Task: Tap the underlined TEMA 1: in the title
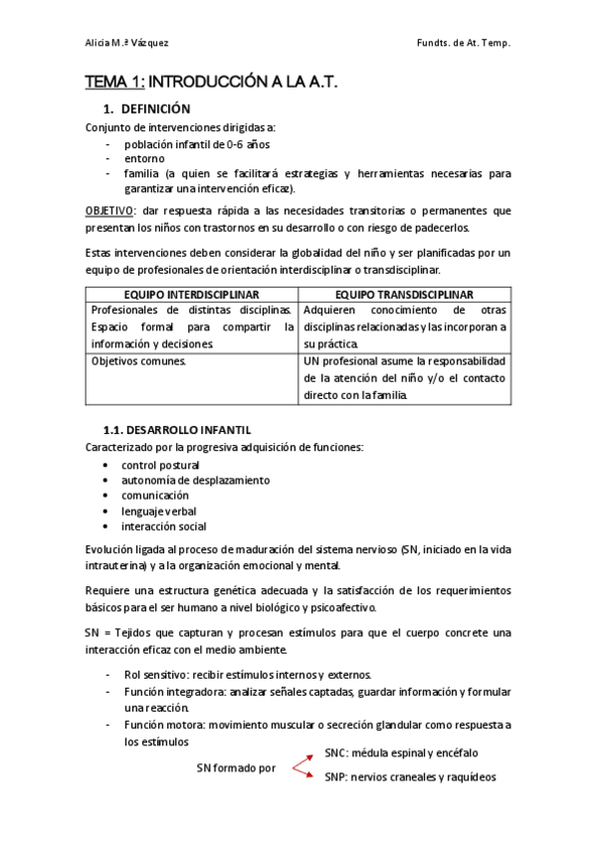pyautogui.click(x=114, y=87)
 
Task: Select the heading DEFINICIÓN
pyautogui.click(x=156, y=108)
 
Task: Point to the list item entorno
pyautogui.click(x=145, y=158)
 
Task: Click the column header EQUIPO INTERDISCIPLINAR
pyautogui.click(x=192, y=295)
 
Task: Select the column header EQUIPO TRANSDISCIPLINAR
pyautogui.click(x=404, y=295)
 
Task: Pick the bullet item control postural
pyautogui.click(x=160, y=465)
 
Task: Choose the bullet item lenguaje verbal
pyautogui.click(x=159, y=511)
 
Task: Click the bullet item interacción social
pyautogui.click(x=164, y=527)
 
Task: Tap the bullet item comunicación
pyautogui.click(x=155, y=496)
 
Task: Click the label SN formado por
pyautogui.click(x=236, y=768)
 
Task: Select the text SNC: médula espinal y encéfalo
pyautogui.click(x=401, y=753)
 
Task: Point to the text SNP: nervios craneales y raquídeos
pyautogui.click(x=410, y=776)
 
